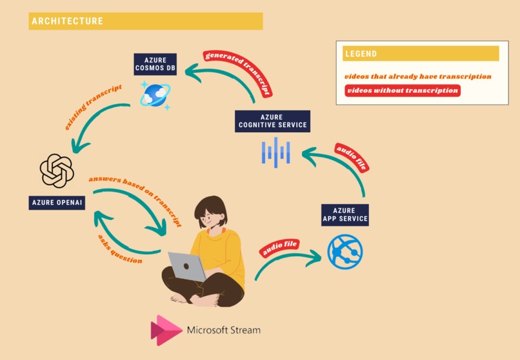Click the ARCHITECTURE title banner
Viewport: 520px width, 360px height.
point(146,21)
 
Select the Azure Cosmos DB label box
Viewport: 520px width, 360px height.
point(155,65)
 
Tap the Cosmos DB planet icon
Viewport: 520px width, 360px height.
point(155,94)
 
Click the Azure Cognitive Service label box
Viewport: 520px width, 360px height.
point(272,120)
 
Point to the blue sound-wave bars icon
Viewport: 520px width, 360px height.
point(275,152)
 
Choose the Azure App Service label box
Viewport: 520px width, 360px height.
point(345,215)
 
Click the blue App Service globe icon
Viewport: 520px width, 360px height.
point(345,252)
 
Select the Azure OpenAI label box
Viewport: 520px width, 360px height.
point(57,203)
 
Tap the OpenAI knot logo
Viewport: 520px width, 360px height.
point(57,170)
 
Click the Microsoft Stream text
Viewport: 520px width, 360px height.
point(224,330)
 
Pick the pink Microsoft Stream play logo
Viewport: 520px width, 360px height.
point(166,330)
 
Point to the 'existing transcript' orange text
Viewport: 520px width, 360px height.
point(93,106)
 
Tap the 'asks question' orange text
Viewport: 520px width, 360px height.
point(120,249)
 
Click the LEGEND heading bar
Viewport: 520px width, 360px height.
point(421,54)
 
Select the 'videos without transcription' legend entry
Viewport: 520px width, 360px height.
point(402,91)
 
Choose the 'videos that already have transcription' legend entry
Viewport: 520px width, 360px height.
point(417,76)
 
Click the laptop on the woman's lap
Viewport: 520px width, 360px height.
point(188,266)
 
